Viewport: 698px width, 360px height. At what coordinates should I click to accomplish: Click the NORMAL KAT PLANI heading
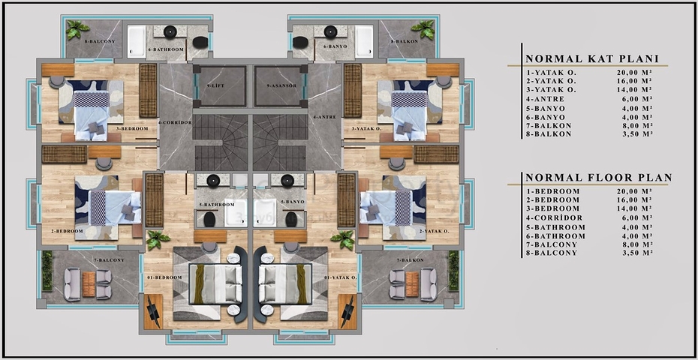coord(591,58)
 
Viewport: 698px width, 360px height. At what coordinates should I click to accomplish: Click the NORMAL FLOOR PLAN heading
coord(598,178)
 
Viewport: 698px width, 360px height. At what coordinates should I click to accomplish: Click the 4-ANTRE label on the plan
coord(323,117)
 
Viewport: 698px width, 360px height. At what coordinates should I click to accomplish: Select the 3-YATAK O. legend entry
coord(552,89)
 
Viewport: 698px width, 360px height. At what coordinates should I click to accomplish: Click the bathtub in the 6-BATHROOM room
coord(136,42)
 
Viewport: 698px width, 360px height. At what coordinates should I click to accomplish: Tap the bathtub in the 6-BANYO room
coord(363,41)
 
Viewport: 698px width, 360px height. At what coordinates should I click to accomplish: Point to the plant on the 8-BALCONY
coord(77,30)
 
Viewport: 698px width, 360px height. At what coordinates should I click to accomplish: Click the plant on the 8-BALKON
coord(423,30)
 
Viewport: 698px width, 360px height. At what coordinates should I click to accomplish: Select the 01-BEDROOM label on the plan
coord(164,277)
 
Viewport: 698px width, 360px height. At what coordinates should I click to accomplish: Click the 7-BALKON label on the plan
coord(411,259)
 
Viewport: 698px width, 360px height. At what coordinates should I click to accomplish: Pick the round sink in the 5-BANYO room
coord(286,180)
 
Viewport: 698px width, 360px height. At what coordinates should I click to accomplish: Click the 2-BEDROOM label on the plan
coord(67,231)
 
